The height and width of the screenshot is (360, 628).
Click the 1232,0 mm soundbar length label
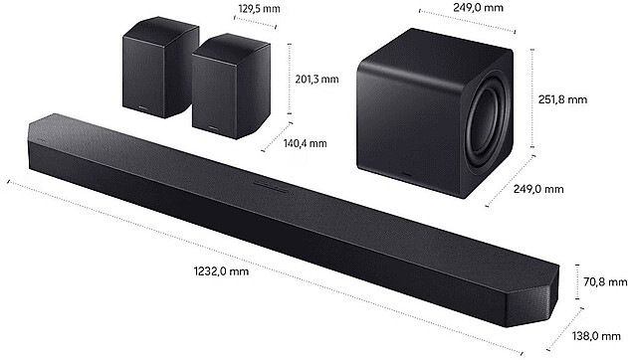point(221,271)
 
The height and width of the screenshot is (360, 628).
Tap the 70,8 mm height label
point(605,282)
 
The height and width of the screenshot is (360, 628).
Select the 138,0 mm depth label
point(596,336)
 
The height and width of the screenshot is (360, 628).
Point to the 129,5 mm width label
point(259,8)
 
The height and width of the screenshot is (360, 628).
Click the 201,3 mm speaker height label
point(316,80)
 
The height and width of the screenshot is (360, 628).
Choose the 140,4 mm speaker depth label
point(306,143)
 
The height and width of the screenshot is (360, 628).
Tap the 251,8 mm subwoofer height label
point(562,99)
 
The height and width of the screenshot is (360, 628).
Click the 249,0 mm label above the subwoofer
point(478,7)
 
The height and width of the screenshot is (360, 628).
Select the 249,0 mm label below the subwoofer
point(538,189)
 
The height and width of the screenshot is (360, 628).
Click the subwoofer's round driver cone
point(486,128)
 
